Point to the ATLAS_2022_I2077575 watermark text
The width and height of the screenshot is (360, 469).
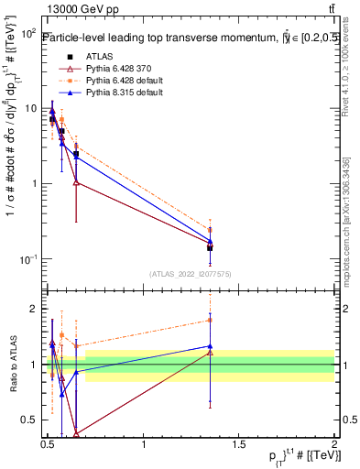point(190,274)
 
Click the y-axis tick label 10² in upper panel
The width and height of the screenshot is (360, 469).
point(27,33)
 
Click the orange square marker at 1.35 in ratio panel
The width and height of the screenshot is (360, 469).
point(211,320)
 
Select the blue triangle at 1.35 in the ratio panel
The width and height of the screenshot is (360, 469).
point(211,346)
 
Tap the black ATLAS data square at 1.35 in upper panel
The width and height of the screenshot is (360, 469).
point(211,247)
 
